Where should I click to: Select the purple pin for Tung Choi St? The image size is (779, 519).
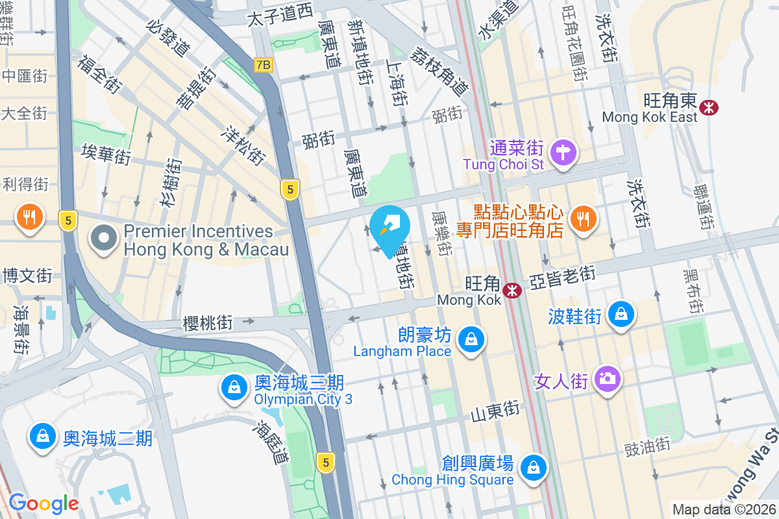pyautogui.click(x=563, y=153)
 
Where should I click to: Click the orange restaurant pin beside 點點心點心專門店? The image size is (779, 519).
pyautogui.click(x=584, y=219)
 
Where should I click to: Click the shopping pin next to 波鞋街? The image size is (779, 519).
pyautogui.click(x=621, y=315)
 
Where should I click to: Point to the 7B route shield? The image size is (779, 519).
pyautogui.click(x=263, y=65)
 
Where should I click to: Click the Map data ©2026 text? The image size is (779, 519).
pyautogui.click(x=724, y=510)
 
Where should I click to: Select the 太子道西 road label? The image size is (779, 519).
pyautogui.click(x=280, y=16)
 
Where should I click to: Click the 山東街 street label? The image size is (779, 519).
pyautogui.click(x=495, y=410)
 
